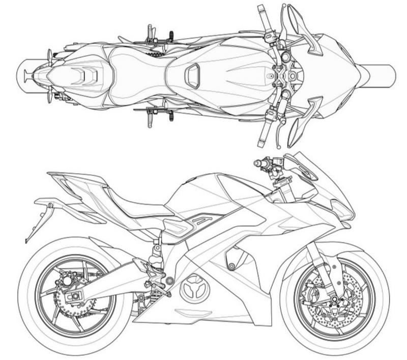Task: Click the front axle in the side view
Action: click(335, 299)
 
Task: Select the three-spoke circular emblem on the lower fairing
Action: click(194, 289)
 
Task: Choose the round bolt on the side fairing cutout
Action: click(231, 266)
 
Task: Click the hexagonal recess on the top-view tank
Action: click(192, 76)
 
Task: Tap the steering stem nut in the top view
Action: click(293, 75)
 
